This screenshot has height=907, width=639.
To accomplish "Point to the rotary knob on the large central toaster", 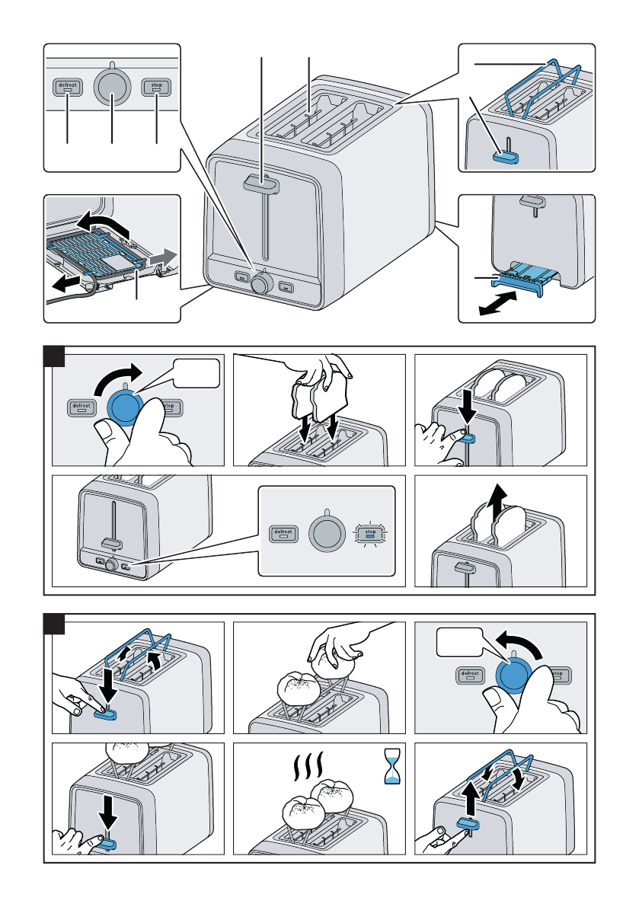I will [260, 285].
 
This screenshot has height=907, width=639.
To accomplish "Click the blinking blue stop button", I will [370, 533].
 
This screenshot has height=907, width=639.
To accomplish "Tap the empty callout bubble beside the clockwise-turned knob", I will [196, 375].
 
